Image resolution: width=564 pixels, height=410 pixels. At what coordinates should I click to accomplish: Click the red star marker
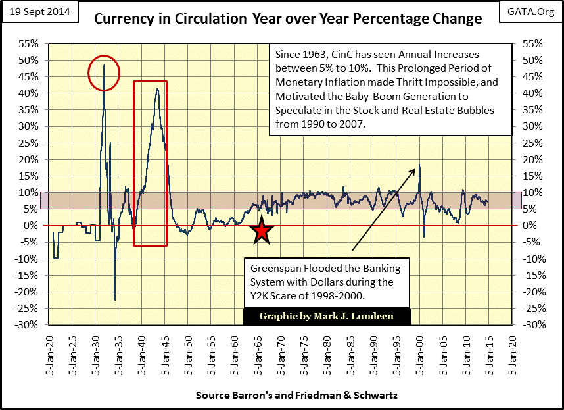pos(262,231)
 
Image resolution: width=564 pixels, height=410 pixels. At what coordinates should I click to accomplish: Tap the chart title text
pos(288,18)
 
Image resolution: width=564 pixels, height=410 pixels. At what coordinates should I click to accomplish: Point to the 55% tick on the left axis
pos(29,44)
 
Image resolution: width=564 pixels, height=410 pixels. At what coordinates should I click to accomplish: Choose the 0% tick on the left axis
pos(33,225)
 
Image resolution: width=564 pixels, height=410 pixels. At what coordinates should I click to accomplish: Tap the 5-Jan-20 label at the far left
pos(49,352)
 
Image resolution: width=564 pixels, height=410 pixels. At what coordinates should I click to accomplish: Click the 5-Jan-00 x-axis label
pos(419,352)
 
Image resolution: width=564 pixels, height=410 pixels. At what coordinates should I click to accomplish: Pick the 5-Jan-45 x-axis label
pos(164,352)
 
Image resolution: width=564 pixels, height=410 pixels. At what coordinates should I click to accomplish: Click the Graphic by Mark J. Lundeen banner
pos(327,316)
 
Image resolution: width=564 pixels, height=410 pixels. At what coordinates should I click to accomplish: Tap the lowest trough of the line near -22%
pos(115,299)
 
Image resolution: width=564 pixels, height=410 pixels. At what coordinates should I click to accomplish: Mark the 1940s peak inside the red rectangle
pos(157,89)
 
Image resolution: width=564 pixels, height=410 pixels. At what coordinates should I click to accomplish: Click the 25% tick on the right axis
pos(532,142)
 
